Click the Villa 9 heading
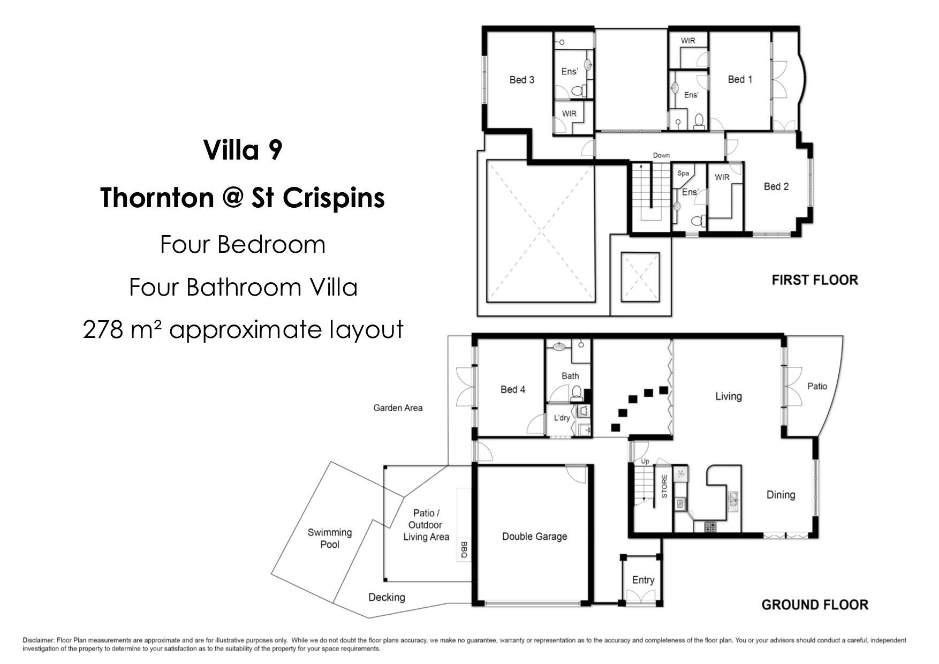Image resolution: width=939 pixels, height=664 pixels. coord(243,150)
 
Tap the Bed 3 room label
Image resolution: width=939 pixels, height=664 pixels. coord(522,80)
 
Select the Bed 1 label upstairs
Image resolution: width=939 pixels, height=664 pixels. coord(740,79)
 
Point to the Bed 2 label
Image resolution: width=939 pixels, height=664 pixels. coord(776,186)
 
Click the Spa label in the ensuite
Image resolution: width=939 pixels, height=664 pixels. coord(683,173)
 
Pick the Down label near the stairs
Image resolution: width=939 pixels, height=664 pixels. coord(661,155)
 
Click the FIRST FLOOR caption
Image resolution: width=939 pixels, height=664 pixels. coord(815,280)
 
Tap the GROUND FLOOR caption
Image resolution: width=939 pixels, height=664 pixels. coord(815,605)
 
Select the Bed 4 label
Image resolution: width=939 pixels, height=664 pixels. coord(513,389)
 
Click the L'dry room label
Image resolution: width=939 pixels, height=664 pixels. coord(562,418)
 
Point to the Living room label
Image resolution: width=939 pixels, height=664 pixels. coord(729,396)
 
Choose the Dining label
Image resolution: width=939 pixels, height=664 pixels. coord(781,495)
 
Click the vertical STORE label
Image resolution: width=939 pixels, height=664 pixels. coord(664,486)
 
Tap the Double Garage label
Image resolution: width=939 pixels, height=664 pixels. coord(534,537)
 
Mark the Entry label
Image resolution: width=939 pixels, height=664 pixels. coord(643,580)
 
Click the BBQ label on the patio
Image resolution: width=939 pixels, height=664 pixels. coord(464,550)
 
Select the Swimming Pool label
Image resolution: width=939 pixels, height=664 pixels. coord(329,538)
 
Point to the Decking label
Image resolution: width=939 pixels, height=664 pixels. coord(387,598)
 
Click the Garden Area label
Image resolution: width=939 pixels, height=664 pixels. coord(398,408)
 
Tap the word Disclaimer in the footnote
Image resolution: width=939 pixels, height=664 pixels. coord(39,640)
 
